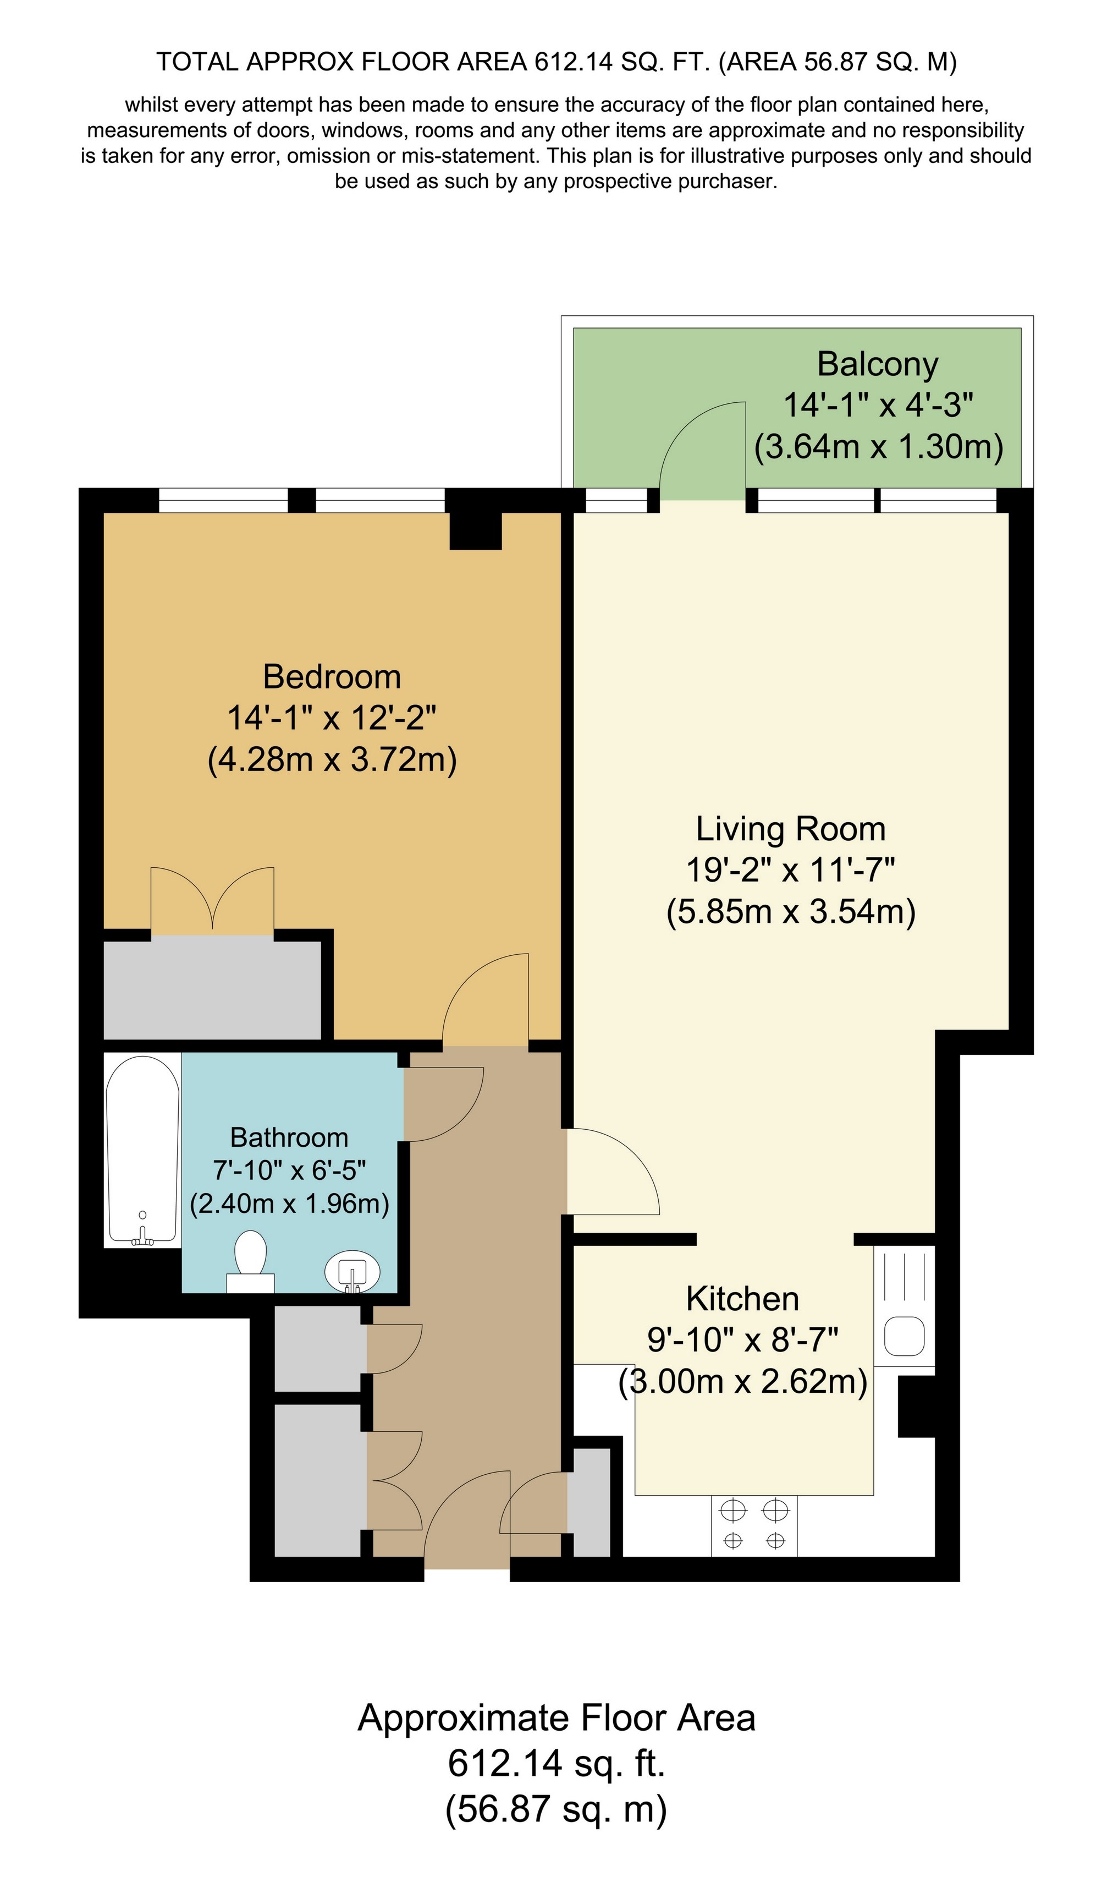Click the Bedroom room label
tap(332, 677)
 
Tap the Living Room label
tap(791, 829)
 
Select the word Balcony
tap(878, 365)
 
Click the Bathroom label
tap(289, 1137)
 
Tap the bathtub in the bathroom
tap(142, 1150)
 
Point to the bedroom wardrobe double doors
tap(212, 899)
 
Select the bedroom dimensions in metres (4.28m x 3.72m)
tap(332, 759)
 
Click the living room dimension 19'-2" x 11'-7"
tap(791, 871)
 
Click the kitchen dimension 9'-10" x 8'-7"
tap(742, 1339)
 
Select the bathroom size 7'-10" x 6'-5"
tap(289, 1170)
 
